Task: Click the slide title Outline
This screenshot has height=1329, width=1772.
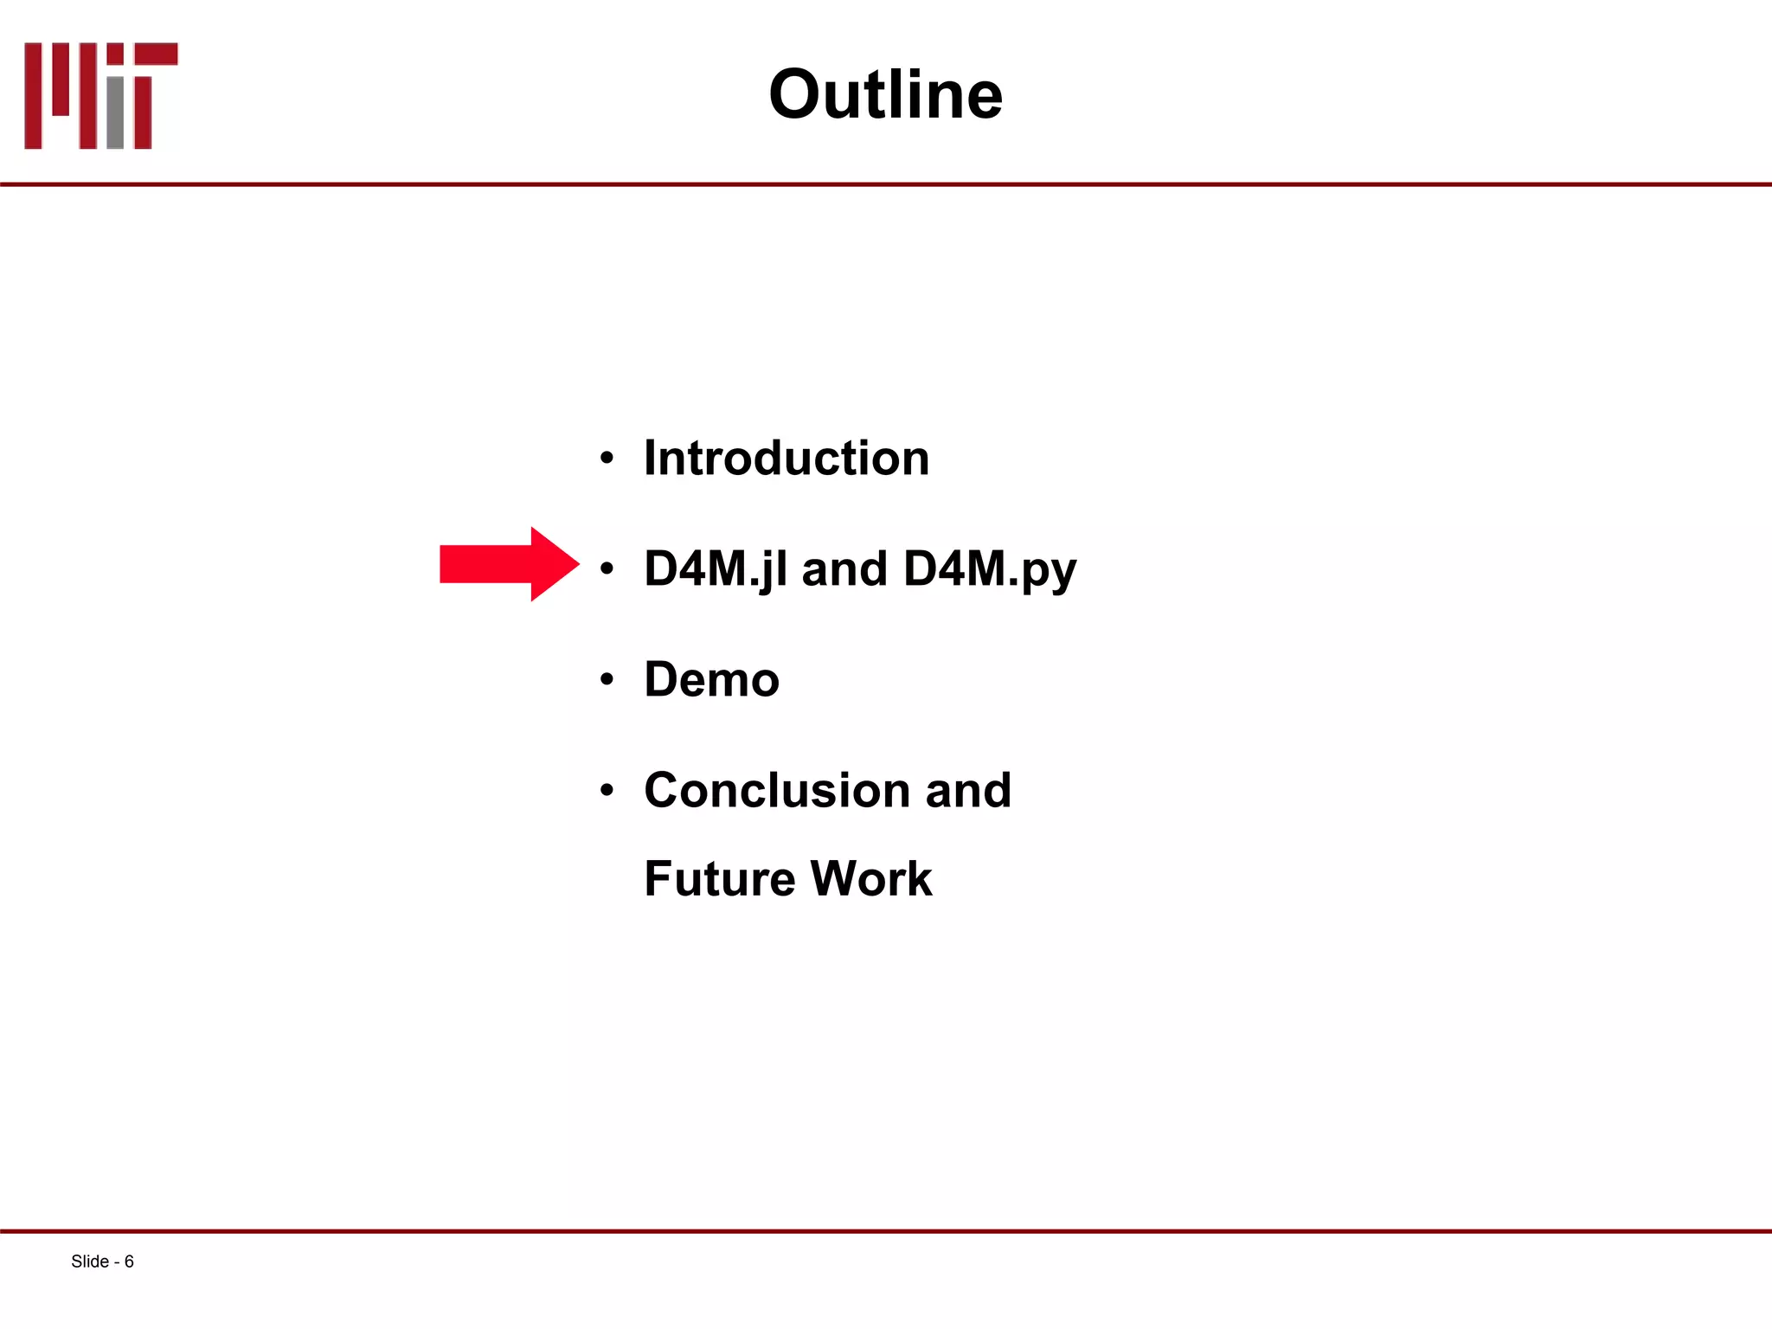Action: point(885,94)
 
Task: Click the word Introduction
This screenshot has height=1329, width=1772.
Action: point(786,458)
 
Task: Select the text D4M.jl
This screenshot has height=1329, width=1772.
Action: point(716,569)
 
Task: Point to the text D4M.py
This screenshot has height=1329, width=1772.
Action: point(989,569)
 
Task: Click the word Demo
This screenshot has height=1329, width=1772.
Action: point(711,679)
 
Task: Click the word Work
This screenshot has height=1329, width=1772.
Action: point(871,879)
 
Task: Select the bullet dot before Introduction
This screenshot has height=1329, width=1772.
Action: point(607,459)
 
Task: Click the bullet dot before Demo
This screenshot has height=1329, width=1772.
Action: point(607,680)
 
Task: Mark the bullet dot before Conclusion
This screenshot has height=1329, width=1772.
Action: point(607,791)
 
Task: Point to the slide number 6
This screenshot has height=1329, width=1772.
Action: point(129,1262)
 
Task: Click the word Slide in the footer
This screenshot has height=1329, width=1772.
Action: point(89,1262)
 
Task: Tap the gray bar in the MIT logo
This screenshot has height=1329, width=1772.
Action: point(115,112)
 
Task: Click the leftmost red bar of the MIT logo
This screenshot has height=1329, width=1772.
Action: point(33,95)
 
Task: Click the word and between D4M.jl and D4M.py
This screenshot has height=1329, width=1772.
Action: point(844,569)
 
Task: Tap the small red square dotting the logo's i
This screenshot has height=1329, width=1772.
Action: point(115,54)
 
